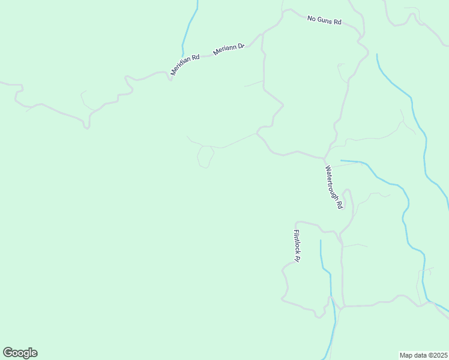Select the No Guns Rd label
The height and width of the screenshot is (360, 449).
click(324, 20)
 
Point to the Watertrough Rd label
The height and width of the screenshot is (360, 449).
click(334, 187)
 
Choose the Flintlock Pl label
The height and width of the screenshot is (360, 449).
click(297, 246)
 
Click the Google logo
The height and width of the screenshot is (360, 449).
click(20, 353)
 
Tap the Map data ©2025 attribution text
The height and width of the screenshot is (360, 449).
click(423, 355)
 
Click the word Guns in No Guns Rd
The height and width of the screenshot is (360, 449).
click(325, 20)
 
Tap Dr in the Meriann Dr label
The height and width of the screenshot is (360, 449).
click(241, 46)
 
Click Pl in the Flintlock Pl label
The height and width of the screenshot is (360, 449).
click(297, 259)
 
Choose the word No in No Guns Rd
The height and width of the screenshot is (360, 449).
click(312, 19)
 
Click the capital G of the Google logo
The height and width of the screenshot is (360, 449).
click(8, 353)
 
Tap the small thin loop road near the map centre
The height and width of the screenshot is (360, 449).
click(205, 157)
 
